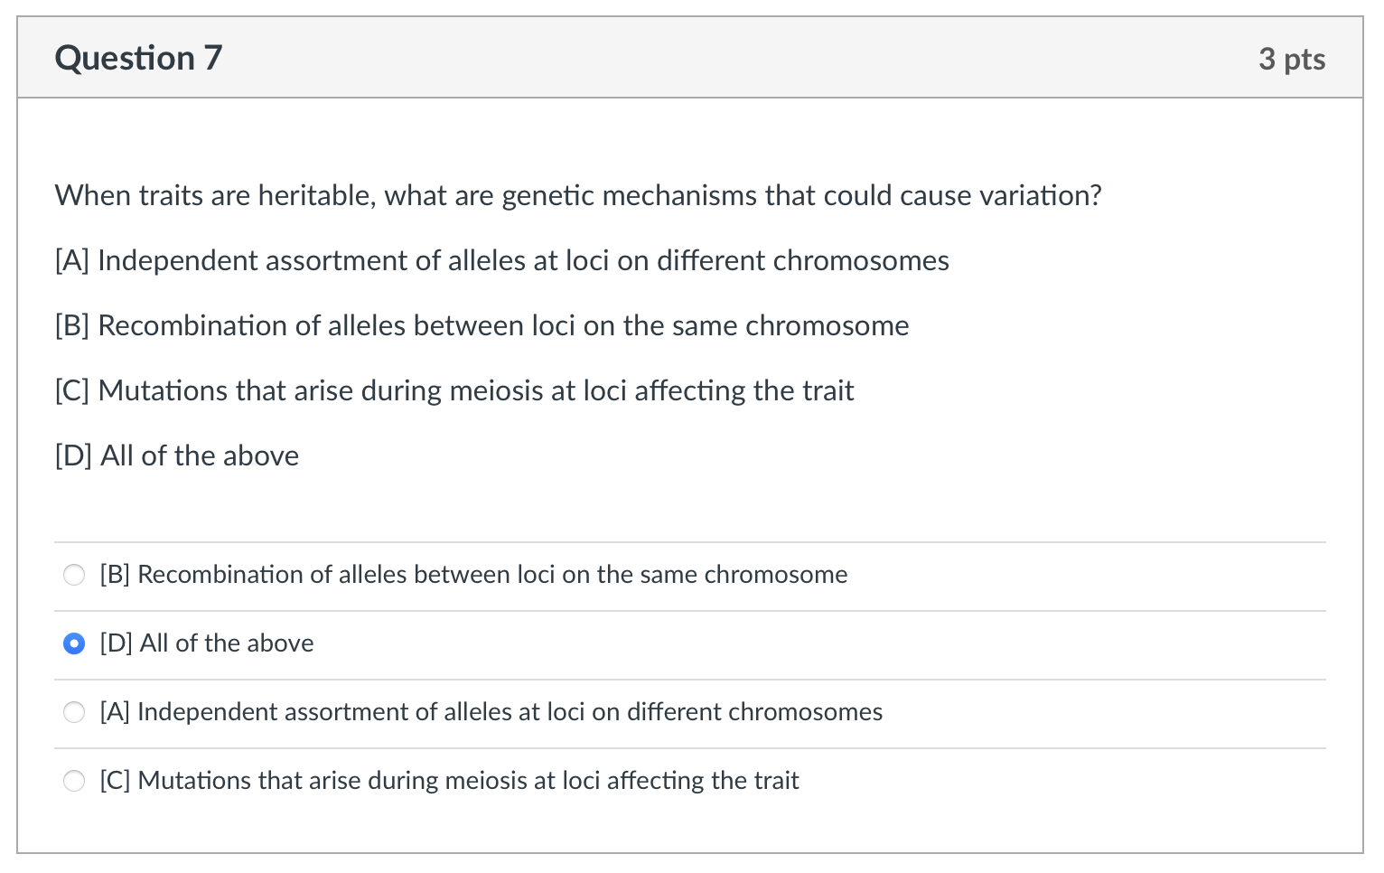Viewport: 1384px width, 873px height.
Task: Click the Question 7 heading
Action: [138, 58]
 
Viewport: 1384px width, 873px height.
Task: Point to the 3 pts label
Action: [1291, 59]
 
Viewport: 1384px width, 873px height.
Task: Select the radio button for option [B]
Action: [74, 575]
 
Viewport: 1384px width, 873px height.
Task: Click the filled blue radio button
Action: [74, 643]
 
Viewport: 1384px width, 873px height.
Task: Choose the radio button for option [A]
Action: [74, 712]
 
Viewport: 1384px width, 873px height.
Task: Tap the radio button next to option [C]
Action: [74, 781]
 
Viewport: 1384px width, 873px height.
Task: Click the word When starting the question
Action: [92, 195]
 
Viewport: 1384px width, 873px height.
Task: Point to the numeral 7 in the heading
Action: [213, 58]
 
